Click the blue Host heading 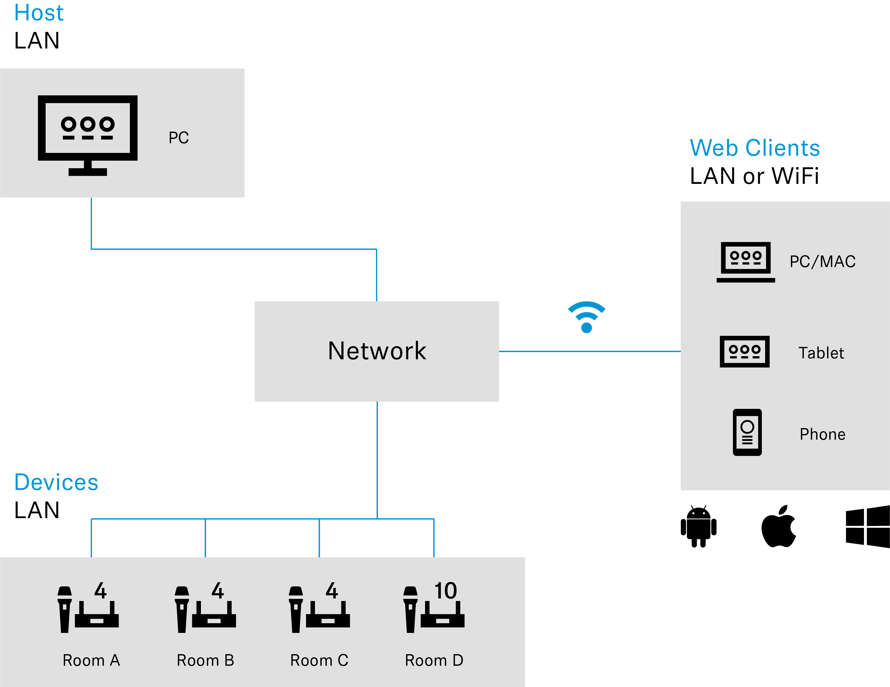point(39,13)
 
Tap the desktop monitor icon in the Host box point(88,134)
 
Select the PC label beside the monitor point(179,138)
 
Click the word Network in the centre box point(377,351)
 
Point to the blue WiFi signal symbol point(586,317)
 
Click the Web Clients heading point(754,148)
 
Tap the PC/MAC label point(822,262)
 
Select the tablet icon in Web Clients point(745,351)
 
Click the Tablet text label point(821,353)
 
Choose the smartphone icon point(747,432)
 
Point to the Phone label point(822,434)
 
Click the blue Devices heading point(56,482)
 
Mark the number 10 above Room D point(445,591)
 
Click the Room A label point(91,660)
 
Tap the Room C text point(319,660)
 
